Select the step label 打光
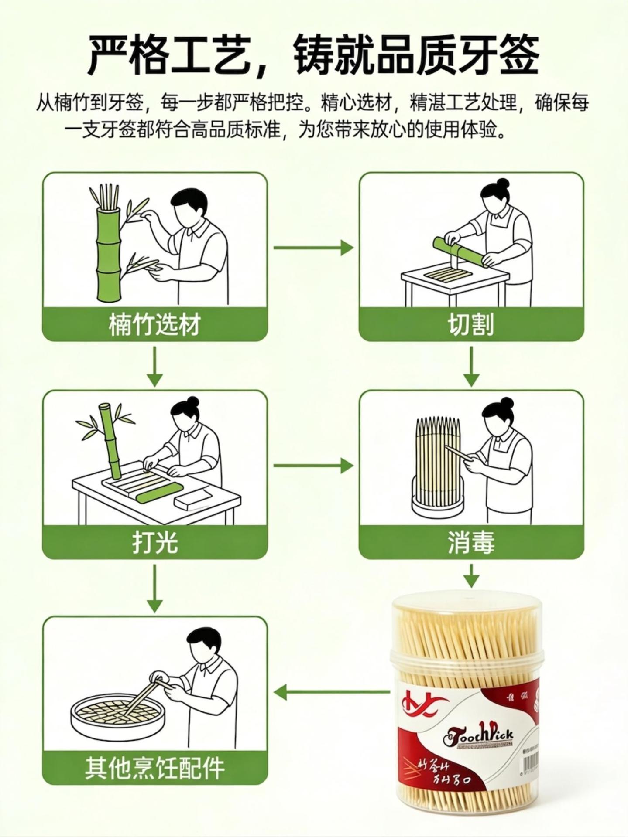click(x=154, y=543)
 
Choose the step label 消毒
click(x=471, y=543)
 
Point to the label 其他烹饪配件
click(x=154, y=769)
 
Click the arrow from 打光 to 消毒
click(x=313, y=466)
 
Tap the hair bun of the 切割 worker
click(x=503, y=183)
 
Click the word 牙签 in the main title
click(x=498, y=56)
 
